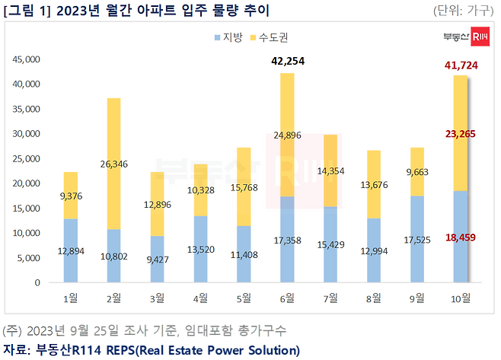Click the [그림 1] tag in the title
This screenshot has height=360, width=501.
[27, 11]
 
